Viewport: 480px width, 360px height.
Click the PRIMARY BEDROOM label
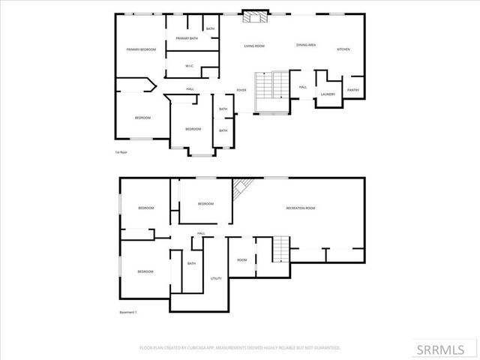point(140,49)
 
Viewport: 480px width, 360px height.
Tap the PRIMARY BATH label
point(187,38)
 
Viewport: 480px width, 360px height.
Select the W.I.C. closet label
point(190,65)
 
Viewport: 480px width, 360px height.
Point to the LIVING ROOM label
point(254,46)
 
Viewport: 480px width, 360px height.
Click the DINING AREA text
point(305,46)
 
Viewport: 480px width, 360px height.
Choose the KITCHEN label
point(343,49)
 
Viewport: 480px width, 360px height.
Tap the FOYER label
point(241,90)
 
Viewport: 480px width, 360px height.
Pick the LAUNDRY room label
point(328,94)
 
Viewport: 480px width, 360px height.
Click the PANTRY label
point(353,90)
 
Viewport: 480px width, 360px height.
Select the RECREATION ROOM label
point(301,208)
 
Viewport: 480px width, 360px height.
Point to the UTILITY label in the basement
point(216,278)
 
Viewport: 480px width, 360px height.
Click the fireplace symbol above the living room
point(253,15)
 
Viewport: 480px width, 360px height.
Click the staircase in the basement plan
point(279,248)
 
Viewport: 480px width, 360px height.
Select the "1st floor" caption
point(121,152)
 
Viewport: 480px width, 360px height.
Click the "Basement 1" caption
point(128,312)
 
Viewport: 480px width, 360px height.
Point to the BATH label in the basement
point(192,263)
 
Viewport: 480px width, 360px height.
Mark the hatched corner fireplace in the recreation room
point(241,189)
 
